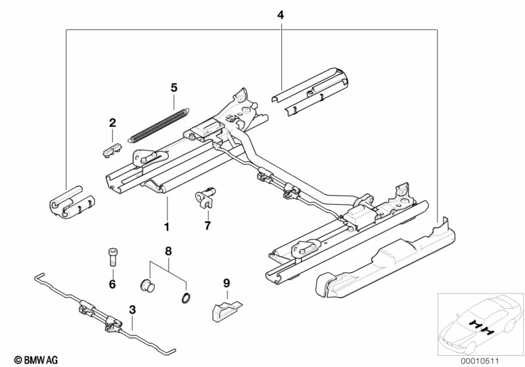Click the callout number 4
pos(281,15)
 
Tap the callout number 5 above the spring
pos(173,88)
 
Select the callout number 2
pos(112,123)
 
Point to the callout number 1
pos(166,227)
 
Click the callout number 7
pos(208,225)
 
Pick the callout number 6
pos(112,284)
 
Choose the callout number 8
pos(168,251)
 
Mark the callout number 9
pos(227,284)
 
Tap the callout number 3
pos(132,310)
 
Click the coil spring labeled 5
pos(159,125)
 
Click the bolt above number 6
pos(112,257)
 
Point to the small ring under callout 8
pos(187,298)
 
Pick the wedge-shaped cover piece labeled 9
pos(226,311)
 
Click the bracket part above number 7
pos(205,198)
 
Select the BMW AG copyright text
pos(36,360)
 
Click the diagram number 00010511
pos(480,361)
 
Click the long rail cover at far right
pos(385,261)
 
